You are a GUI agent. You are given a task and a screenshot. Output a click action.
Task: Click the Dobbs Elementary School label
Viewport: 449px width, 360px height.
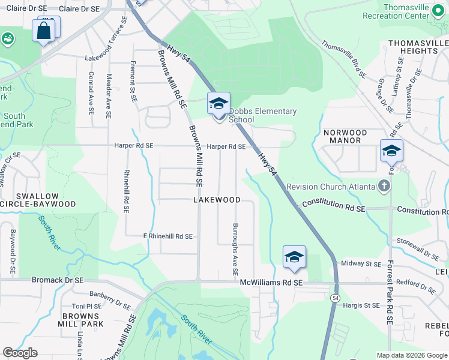pyautogui.click(x=263, y=115)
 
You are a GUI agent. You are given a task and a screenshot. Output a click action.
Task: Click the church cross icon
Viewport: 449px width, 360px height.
pyautogui.click(x=384, y=186)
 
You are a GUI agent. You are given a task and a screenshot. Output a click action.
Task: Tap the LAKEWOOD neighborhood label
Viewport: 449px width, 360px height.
pyautogui.click(x=217, y=200)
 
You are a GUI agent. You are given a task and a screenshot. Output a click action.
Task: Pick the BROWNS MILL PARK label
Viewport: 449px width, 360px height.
pyautogui.click(x=83, y=320)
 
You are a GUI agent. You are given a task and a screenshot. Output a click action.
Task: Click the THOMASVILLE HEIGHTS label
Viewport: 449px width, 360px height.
pyautogui.click(x=418, y=47)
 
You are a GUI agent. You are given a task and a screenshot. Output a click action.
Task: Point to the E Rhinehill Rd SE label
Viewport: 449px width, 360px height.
pyautogui.click(x=167, y=236)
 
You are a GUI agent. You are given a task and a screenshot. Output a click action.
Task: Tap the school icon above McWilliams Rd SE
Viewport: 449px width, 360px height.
pyautogui.click(x=294, y=257)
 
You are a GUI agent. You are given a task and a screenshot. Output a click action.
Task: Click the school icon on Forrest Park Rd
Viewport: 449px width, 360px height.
pyautogui.click(x=391, y=151)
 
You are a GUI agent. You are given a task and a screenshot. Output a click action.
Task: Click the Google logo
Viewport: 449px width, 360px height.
pyautogui.click(x=20, y=353)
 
